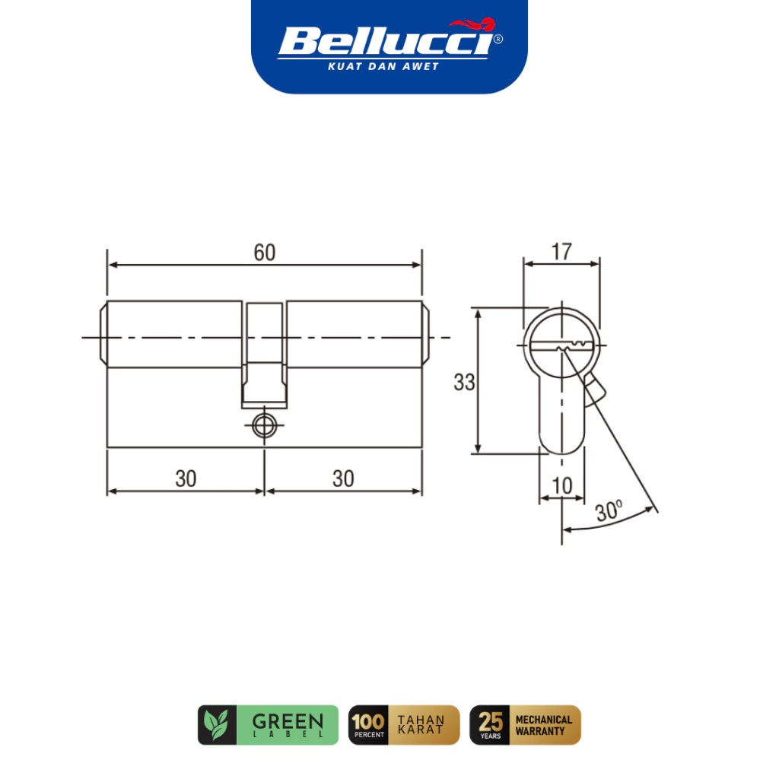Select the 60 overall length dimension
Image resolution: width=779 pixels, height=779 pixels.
(264, 253)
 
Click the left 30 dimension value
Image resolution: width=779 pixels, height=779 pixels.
(186, 479)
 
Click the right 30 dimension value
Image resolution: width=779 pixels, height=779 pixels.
(343, 479)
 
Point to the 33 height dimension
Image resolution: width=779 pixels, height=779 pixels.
(464, 383)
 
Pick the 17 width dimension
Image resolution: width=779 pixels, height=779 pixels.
(561, 252)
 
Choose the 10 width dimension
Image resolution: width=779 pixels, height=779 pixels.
(562, 485)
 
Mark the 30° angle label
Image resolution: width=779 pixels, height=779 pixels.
(609, 511)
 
